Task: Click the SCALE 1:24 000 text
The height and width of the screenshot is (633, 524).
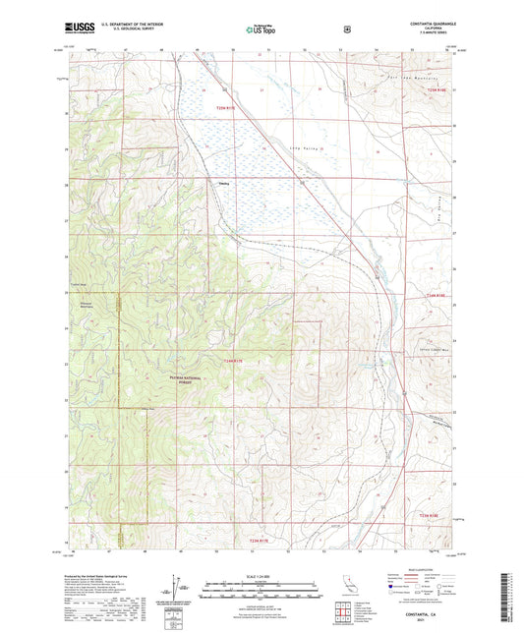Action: tap(262, 577)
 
